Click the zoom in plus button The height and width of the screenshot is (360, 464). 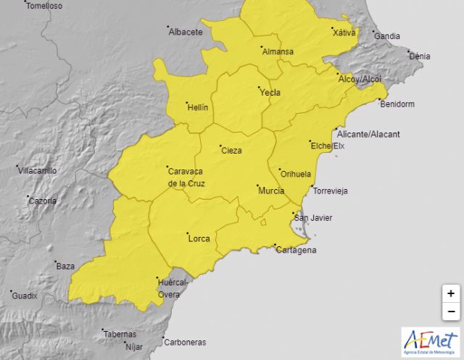(451, 293)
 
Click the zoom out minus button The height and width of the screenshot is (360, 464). (451, 311)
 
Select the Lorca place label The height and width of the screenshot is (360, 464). (198, 238)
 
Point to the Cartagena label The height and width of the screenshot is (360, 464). (296, 251)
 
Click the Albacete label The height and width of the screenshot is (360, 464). (185, 32)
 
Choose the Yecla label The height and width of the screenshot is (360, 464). (270, 92)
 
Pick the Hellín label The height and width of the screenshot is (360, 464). (197, 107)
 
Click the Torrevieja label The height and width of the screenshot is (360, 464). (330, 191)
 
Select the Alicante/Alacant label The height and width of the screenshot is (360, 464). (368, 134)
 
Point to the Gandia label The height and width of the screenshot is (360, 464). (387, 35)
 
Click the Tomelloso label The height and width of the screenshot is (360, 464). (44, 6)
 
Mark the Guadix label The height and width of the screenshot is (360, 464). (24, 296)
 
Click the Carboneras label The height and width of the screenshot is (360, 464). (185, 342)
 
